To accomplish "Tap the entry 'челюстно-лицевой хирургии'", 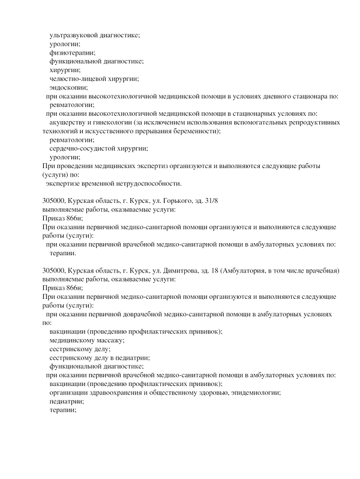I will click(x=94, y=79).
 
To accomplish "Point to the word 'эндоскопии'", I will click(x=69, y=88).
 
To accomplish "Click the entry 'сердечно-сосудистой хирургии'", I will click(x=98, y=148).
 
